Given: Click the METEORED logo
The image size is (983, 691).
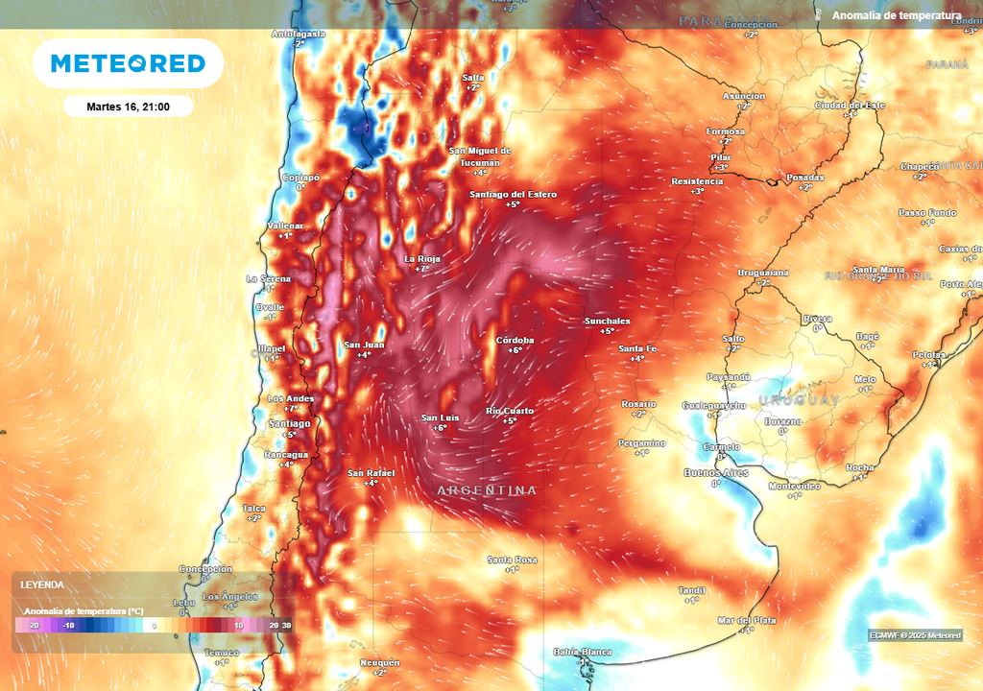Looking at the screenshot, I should pyautogui.click(x=128, y=63).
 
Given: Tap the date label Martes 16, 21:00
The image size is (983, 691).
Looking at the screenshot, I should pyautogui.click(x=128, y=107).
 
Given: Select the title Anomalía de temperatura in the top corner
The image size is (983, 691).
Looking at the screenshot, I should pyautogui.click(x=896, y=15).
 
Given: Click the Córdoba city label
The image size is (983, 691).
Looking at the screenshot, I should pyautogui.click(x=515, y=341).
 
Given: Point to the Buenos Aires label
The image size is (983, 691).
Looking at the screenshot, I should pyautogui.click(x=715, y=473).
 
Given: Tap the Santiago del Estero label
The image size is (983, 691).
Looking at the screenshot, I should pyautogui.click(x=513, y=195).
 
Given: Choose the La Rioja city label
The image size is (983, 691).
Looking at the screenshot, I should pyautogui.click(x=421, y=259).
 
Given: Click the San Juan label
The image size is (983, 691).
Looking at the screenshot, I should pyautogui.click(x=364, y=345).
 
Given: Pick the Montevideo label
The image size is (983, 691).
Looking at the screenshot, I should pyautogui.click(x=794, y=487).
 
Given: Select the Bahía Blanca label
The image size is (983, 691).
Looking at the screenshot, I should pyautogui.click(x=583, y=653).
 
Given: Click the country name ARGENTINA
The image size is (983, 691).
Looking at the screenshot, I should pyautogui.click(x=487, y=490).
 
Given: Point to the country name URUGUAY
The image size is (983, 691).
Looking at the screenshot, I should pyautogui.click(x=799, y=399).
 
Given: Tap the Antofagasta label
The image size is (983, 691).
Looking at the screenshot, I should pyautogui.click(x=299, y=34).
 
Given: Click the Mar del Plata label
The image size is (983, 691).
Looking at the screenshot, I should pyautogui.click(x=747, y=621).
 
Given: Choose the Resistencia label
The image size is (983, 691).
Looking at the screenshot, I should pyautogui.click(x=697, y=181).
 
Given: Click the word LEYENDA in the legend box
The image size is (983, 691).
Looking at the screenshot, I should pyautogui.click(x=42, y=584).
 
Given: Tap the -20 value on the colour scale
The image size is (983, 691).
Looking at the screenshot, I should pyautogui.click(x=33, y=626).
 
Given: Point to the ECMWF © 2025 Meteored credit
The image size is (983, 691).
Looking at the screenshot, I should pyautogui.click(x=915, y=635).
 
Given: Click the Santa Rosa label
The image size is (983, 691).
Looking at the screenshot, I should pyautogui.click(x=512, y=560).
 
